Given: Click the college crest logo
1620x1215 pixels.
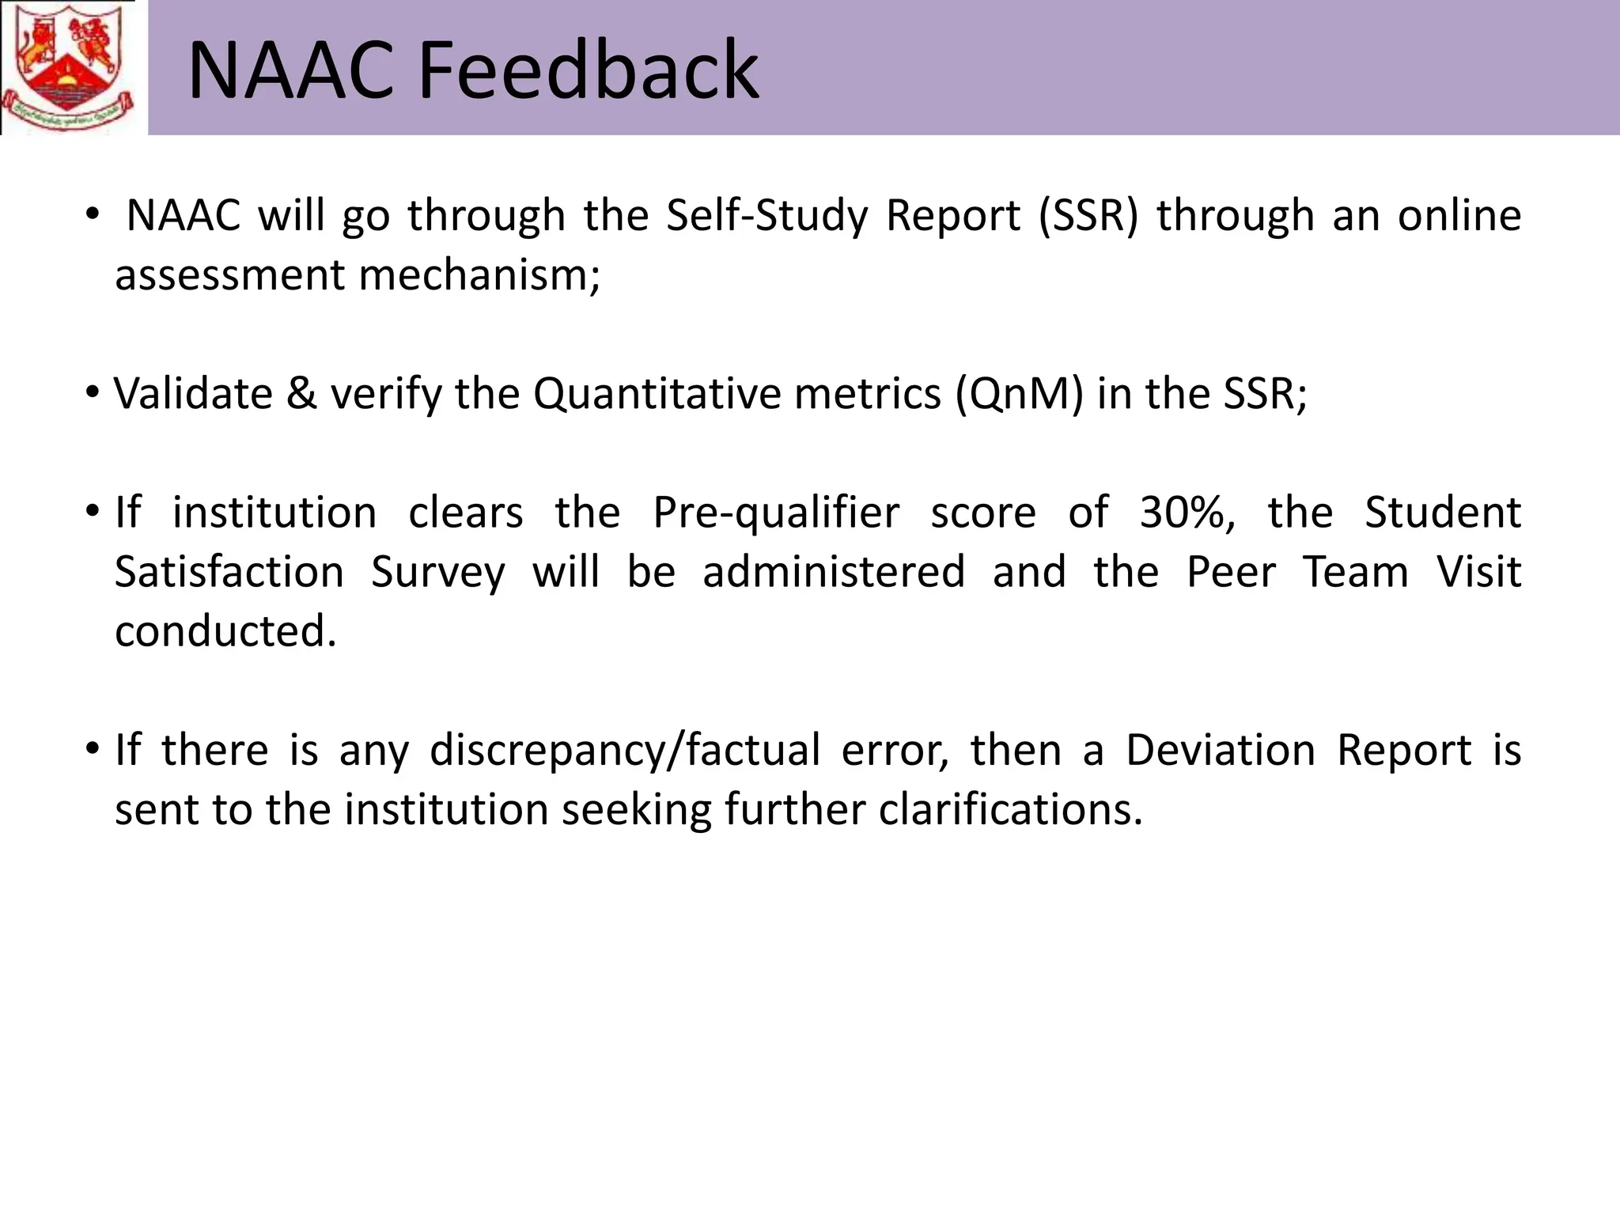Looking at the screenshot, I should pos(68,66).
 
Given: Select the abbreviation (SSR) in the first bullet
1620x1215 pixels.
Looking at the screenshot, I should pos(1088,215).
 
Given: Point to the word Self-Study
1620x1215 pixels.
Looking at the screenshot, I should pos(766,215).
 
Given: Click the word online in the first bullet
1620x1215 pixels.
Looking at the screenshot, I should pos(1459,215).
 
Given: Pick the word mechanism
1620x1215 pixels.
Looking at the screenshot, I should pos(479,275).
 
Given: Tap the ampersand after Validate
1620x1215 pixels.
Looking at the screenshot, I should pos(301,393).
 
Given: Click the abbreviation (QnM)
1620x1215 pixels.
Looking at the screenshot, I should pos(1019,393).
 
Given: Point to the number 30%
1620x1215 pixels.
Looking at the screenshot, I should pos(1186,513).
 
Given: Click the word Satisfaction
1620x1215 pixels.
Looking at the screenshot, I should pos(229,572).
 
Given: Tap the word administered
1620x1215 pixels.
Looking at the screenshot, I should pos(834,572).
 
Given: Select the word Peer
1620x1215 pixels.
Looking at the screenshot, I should pos(1231,572).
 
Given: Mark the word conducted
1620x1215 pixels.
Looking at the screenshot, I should pos(225,631).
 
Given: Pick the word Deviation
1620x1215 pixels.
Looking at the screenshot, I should pos(1221,750).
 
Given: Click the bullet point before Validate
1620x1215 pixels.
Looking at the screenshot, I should pos(93,392).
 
